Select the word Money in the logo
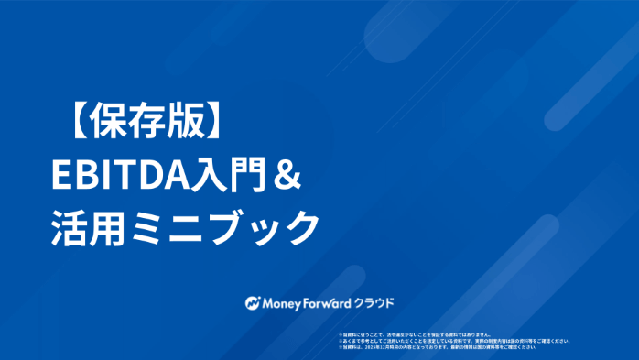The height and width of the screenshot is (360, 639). [x=283, y=301]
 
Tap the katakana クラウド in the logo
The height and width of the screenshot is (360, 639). [x=378, y=301]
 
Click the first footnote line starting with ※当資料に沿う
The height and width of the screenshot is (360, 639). [x=416, y=334]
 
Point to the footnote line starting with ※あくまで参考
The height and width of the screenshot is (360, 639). [x=454, y=341]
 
